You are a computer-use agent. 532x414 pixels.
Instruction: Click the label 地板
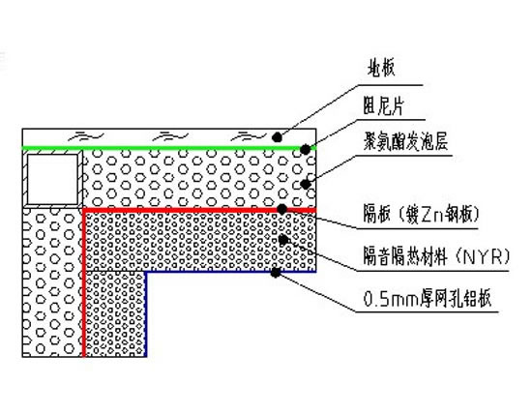point(381,69)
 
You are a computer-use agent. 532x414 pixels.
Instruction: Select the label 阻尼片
point(383,105)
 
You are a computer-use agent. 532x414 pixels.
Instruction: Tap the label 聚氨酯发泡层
point(405,141)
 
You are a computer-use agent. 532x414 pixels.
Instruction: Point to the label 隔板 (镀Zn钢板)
point(421,214)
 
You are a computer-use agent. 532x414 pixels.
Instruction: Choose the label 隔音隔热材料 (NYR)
point(436,256)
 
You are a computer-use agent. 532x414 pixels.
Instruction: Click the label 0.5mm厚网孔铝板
point(428,299)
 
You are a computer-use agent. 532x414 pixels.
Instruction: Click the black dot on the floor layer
point(278,137)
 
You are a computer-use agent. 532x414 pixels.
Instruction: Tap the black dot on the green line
point(305,149)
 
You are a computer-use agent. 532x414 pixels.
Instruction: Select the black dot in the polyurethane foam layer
point(306,184)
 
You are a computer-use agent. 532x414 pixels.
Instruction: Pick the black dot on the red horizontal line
point(281,209)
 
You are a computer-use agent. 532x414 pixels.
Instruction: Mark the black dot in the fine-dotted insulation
point(283,240)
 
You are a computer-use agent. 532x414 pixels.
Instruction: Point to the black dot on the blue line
point(276,272)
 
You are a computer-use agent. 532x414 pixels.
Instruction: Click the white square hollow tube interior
point(52,179)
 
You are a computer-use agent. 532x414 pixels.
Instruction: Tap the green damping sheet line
point(169,148)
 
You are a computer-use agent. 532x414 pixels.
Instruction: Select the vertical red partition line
point(84,282)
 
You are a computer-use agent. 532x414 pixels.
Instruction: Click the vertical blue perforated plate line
point(146,314)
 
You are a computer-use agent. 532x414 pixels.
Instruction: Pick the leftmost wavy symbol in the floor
point(85,136)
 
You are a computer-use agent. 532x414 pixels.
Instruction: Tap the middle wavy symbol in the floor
point(170,136)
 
